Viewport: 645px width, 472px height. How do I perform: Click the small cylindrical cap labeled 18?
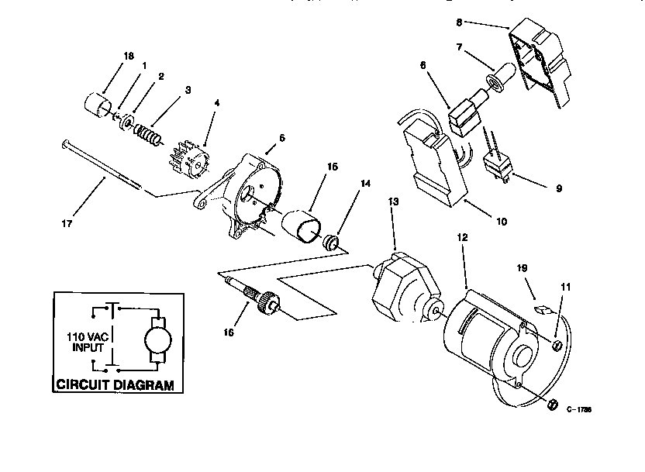tap(95, 106)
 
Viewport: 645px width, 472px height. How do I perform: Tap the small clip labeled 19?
tap(542, 307)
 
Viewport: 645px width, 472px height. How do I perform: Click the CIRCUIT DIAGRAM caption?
tap(114, 385)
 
